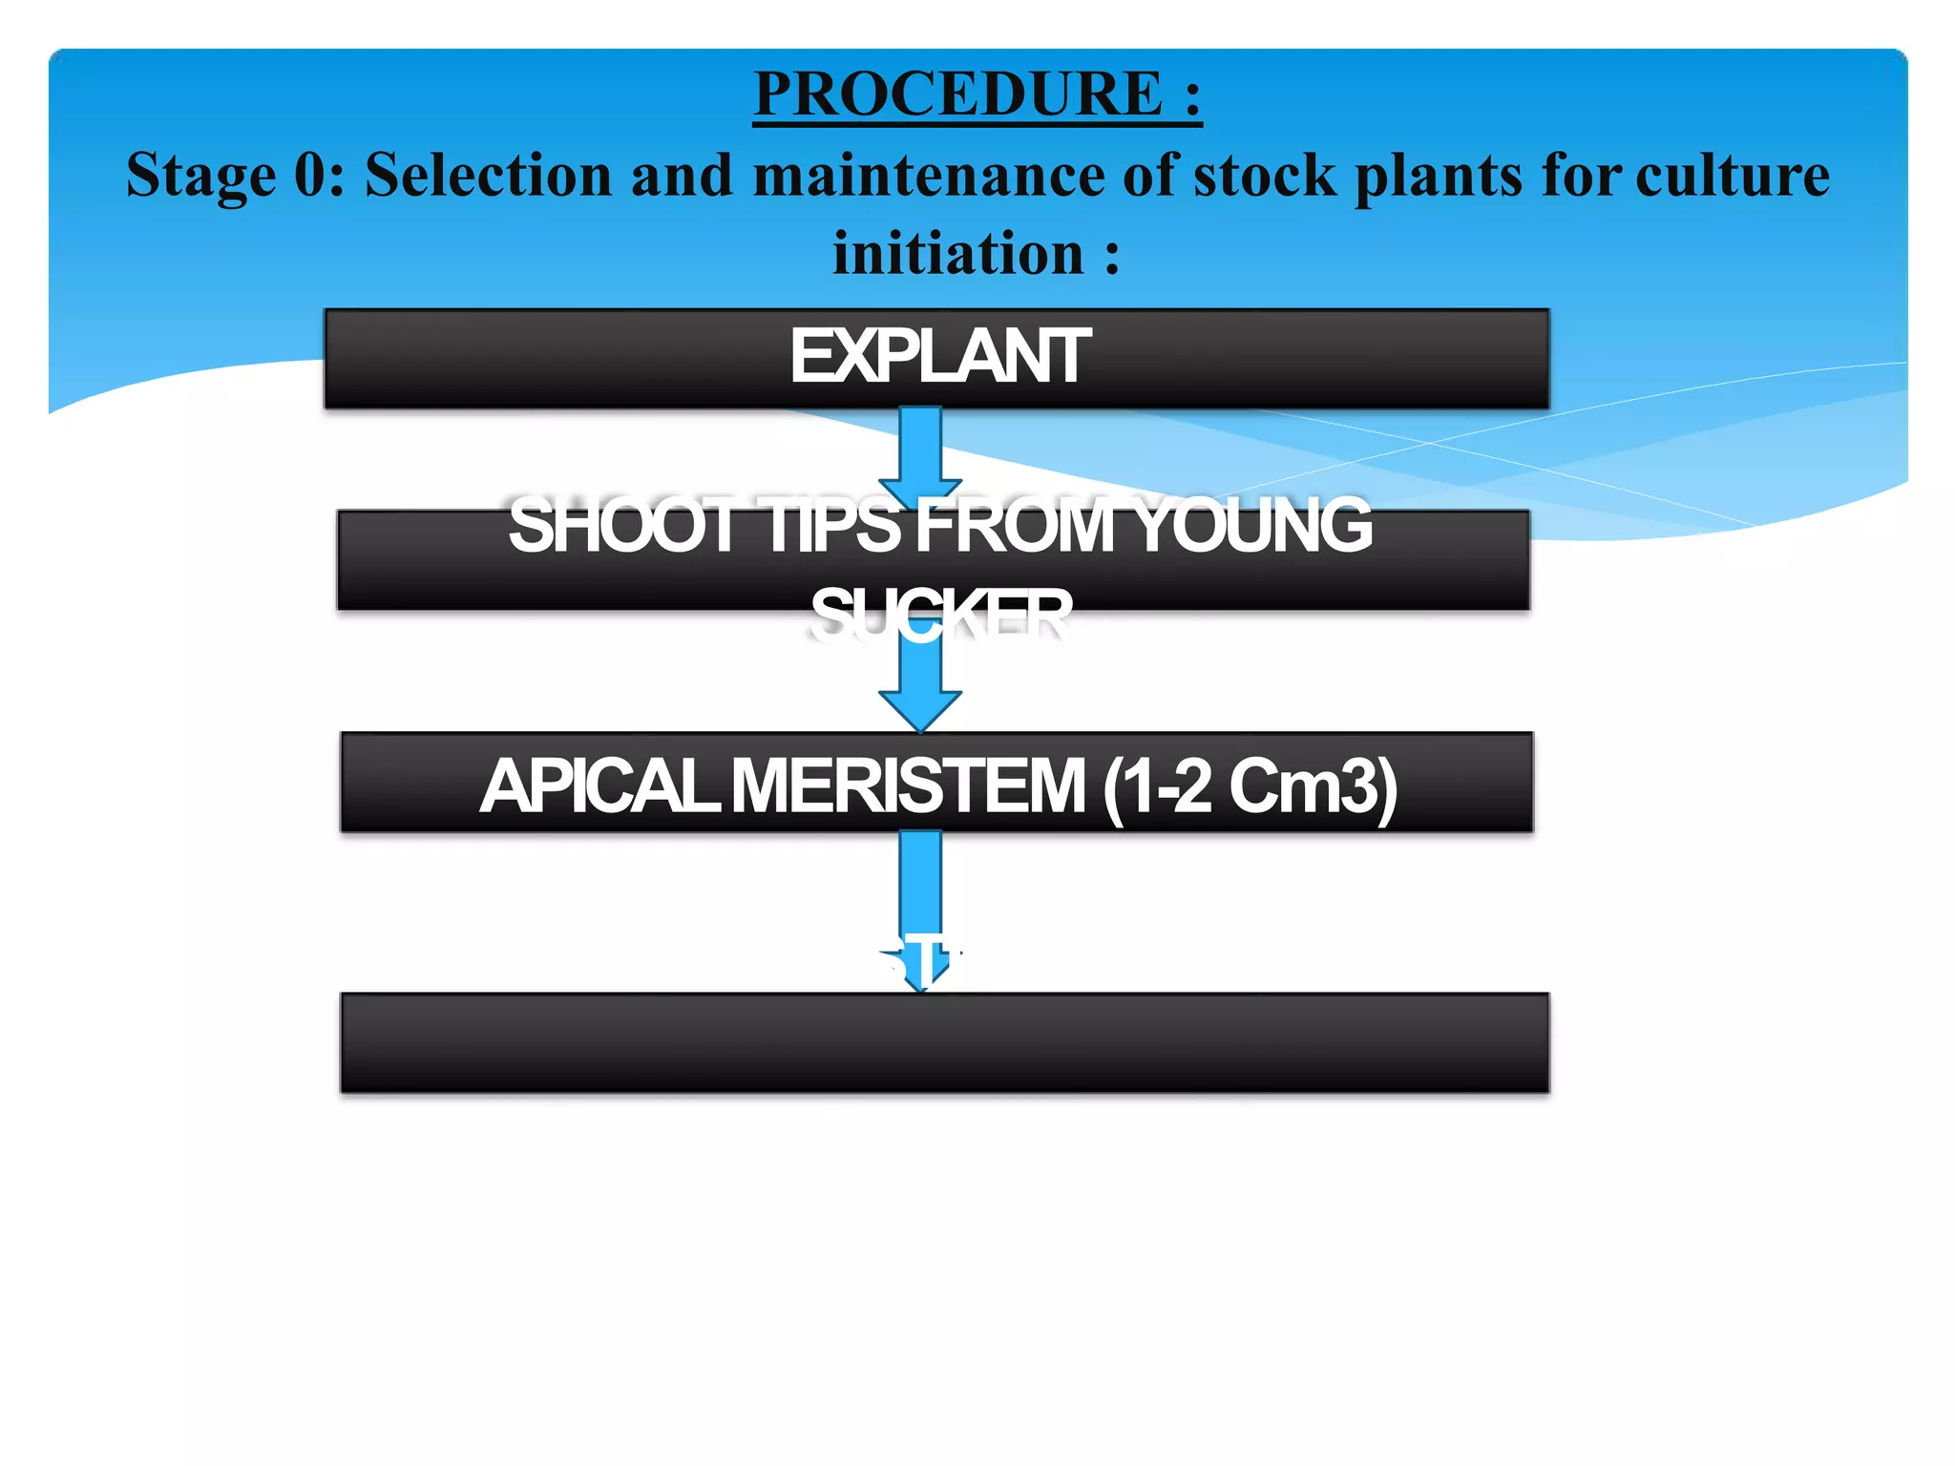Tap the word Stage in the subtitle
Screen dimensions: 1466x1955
(x=200, y=177)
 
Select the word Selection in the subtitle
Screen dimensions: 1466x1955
(x=488, y=177)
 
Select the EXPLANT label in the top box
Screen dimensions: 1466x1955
(x=939, y=357)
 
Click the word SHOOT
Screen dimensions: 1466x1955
(x=621, y=526)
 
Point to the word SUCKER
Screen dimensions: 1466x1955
(x=940, y=614)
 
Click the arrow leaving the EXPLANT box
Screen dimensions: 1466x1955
(x=920, y=453)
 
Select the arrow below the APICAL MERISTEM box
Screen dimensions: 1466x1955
(x=920, y=907)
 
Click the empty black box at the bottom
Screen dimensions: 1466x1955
(x=944, y=1043)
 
